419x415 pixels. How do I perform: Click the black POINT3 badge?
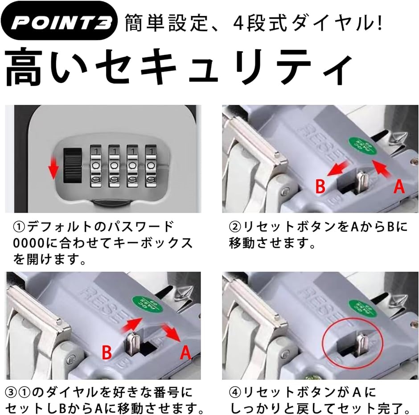coord(59,21)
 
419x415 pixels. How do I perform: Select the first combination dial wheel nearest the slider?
coord(96,166)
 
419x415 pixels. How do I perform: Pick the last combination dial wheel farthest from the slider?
coord(151,166)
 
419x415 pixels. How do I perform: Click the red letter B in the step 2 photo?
coord(320,186)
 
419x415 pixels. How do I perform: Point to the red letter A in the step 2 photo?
coord(399,186)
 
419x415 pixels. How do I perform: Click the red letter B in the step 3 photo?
coord(107,352)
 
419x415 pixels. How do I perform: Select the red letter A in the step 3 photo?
coord(185,352)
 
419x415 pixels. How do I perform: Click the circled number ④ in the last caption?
coord(235,393)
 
